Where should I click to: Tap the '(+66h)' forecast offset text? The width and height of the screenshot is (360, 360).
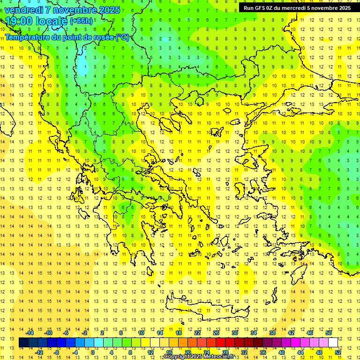coord(81,21)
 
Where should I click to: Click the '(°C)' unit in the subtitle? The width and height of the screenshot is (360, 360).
coord(122,37)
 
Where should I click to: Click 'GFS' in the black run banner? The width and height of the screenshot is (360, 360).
coord(260,8)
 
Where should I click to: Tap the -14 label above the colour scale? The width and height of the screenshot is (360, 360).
coord(30,333)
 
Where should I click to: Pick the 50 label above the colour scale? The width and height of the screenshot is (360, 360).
coord(329,333)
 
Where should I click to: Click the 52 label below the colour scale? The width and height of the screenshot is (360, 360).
coord(338,352)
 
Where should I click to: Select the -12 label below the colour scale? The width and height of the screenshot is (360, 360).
coord(39,352)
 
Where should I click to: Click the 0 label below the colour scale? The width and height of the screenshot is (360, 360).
coord(93,352)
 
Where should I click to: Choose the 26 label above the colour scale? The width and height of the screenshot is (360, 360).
coord(216,333)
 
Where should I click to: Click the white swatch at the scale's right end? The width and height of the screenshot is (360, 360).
coord(333,343)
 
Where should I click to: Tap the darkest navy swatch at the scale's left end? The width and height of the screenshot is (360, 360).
coord(23,343)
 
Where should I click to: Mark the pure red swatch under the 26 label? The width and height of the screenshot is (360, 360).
coord(220,343)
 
